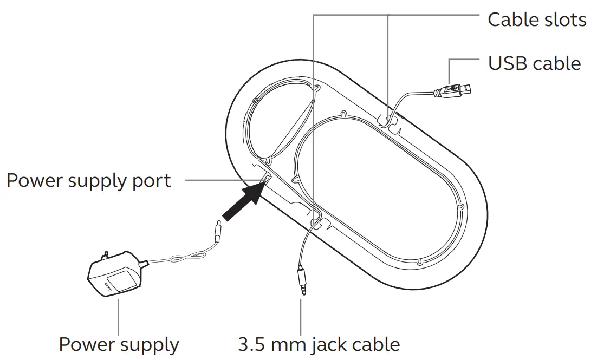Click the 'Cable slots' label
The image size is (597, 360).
[x=536, y=19]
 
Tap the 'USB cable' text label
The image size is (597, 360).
[x=534, y=63]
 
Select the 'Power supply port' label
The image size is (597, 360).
[x=89, y=180]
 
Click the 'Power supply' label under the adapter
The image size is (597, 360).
[x=119, y=344]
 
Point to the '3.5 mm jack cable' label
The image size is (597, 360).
[x=319, y=344]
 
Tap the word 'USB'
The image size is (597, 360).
[x=508, y=63]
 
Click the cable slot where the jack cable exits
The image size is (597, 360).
[x=316, y=222]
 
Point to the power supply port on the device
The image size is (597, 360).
[x=265, y=180]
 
